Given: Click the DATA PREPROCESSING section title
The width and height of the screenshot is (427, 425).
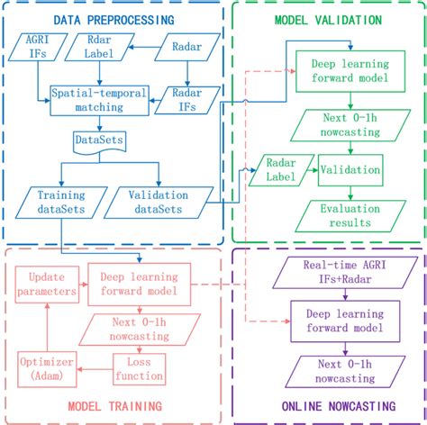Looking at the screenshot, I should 113,20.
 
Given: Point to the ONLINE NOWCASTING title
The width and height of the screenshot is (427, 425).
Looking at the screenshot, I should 329,405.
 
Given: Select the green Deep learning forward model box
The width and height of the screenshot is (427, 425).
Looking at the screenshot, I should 338,70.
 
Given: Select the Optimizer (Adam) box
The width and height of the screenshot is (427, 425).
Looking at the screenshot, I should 41,367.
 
